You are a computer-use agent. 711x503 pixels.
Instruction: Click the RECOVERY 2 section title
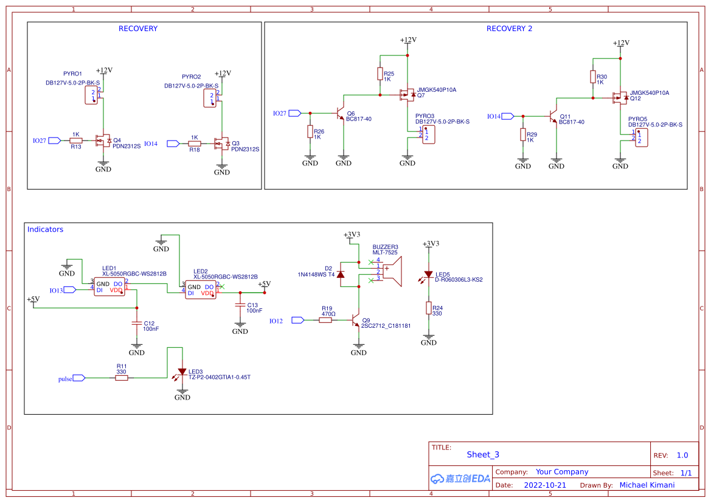[509, 29]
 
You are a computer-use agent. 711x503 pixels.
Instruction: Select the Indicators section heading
[45, 229]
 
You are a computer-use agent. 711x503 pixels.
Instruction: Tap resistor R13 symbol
[76, 140]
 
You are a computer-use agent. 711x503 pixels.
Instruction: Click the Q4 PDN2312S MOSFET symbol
[102, 141]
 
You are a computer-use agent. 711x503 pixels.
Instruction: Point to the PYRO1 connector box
[91, 95]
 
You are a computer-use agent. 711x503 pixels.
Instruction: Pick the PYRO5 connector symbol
[640, 137]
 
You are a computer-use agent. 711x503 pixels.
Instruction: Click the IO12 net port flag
[297, 320]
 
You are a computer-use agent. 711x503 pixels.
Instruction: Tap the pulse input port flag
[79, 378]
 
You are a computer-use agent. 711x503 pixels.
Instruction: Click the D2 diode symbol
[341, 274]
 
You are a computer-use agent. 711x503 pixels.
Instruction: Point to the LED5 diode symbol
[429, 274]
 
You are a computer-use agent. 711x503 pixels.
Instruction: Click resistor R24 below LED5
[429, 308]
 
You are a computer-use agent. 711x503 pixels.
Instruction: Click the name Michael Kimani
[648, 485]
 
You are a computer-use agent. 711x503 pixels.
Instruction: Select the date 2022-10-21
[545, 485]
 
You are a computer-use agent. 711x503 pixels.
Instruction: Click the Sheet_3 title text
[483, 454]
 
